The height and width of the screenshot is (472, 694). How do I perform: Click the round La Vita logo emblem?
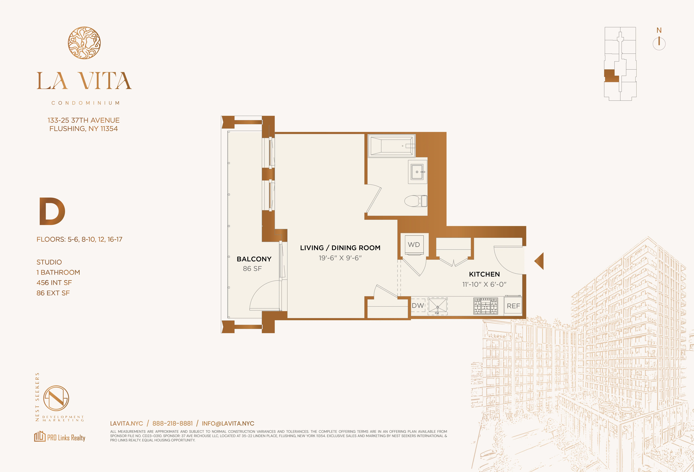pyautogui.click(x=84, y=43)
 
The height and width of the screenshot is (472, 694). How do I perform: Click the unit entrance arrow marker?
pyautogui.click(x=539, y=261)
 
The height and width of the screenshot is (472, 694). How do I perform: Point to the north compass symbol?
pyautogui.click(x=659, y=42)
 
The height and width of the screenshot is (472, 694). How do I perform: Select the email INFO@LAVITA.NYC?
pyautogui.click(x=228, y=423)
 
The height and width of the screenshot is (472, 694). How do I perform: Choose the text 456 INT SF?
pyautogui.click(x=54, y=283)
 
